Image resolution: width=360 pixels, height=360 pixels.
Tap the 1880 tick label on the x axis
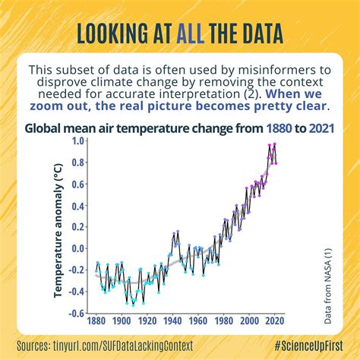(97, 322)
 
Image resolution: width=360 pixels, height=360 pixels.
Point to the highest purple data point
(275, 144)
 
